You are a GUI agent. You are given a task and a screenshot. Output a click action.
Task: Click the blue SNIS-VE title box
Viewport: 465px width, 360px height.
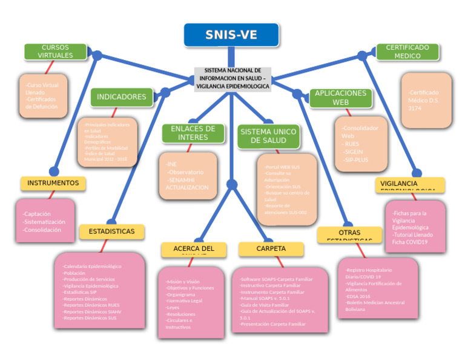(x=231, y=35)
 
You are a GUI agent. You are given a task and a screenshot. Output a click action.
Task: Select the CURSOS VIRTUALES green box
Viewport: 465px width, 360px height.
(x=55, y=52)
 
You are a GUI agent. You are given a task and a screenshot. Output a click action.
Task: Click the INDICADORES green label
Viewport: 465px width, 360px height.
(x=121, y=97)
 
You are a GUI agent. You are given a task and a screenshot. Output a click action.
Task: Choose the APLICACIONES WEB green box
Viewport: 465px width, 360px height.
(x=340, y=98)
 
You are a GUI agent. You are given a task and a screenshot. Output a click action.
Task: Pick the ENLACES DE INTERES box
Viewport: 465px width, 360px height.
(x=193, y=133)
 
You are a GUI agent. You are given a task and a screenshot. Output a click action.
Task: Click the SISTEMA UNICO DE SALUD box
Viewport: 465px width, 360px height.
(x=268, y=136)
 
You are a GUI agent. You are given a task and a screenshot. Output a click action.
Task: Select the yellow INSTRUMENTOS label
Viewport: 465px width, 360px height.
(x=53, y=182)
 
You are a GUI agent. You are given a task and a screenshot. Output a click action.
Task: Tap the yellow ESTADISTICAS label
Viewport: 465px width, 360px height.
(x=111, y=232)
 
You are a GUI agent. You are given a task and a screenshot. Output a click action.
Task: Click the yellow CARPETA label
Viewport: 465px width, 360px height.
(x=271, y=248)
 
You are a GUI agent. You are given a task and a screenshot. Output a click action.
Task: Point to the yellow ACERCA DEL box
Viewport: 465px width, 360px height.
(x=194, y=249)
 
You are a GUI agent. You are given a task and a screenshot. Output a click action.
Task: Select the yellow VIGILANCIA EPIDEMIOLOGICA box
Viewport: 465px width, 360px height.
(x=410, y=185)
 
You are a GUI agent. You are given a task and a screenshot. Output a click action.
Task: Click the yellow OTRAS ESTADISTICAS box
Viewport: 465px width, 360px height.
(x=349, y=235)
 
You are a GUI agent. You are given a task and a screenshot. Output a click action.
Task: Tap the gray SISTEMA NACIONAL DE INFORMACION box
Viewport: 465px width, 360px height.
(x=232, y=79)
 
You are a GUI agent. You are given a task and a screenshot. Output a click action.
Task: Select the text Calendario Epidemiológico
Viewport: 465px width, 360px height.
(x=92, y=267)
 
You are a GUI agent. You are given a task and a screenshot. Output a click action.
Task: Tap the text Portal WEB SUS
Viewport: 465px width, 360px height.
(x=282, y=166)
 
